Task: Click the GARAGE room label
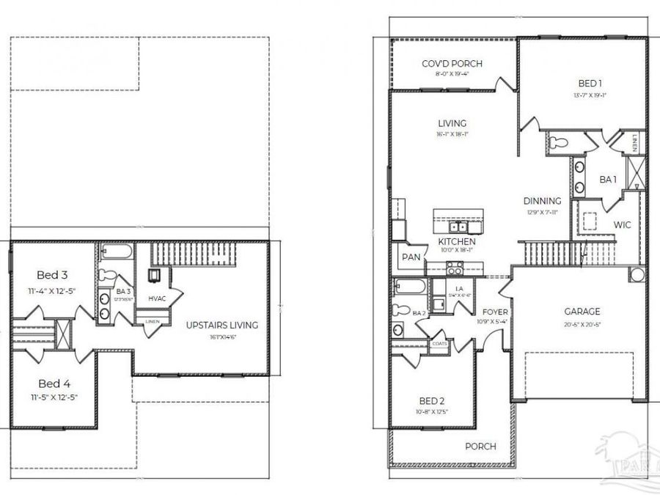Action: click(x=582, y=311)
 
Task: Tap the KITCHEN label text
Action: click(x=457, y=241)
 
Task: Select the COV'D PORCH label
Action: click(x=451, y=64)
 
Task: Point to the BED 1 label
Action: click(x=584, y=84)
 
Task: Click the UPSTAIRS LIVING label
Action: click(x=221, y=325)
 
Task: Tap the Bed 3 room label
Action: click(x=52, y=275)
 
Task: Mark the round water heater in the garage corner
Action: click(x=637, y=276)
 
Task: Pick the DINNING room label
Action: click(x=542, y=201)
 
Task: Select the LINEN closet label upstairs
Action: click(x=153, y=321)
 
